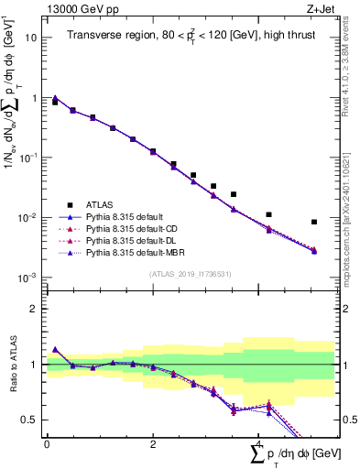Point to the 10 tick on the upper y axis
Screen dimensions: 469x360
pos(32,38)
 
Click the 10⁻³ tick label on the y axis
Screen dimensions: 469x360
pos(29,278)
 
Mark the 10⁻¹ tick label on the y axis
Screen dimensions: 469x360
pos(29,158)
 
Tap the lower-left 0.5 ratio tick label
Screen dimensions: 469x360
pos(29,420)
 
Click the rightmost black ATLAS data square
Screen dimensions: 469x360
pos(314,222)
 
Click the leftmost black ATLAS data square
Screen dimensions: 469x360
pos(55,103)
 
